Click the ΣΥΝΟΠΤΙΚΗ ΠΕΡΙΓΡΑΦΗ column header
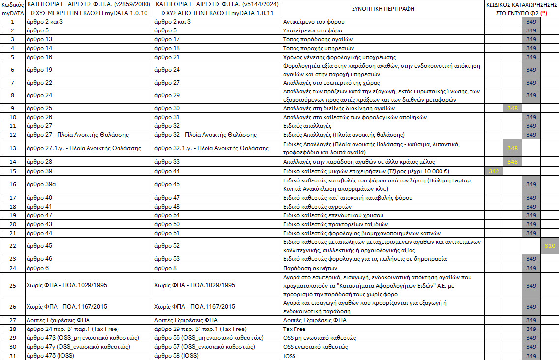[x=383, y=9]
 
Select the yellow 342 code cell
[x=494, y=171]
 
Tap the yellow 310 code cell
[x=550, y=245]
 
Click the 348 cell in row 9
[x=512, y=108]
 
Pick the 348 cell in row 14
[x=512, y=162]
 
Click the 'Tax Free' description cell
[x=294, y=329]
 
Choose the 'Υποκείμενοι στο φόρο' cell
[x=313, y=30]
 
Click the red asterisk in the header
[x=543, y=14]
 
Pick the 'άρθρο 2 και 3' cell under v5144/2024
[x=173, y=22]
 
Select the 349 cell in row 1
[x=531, y=22]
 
